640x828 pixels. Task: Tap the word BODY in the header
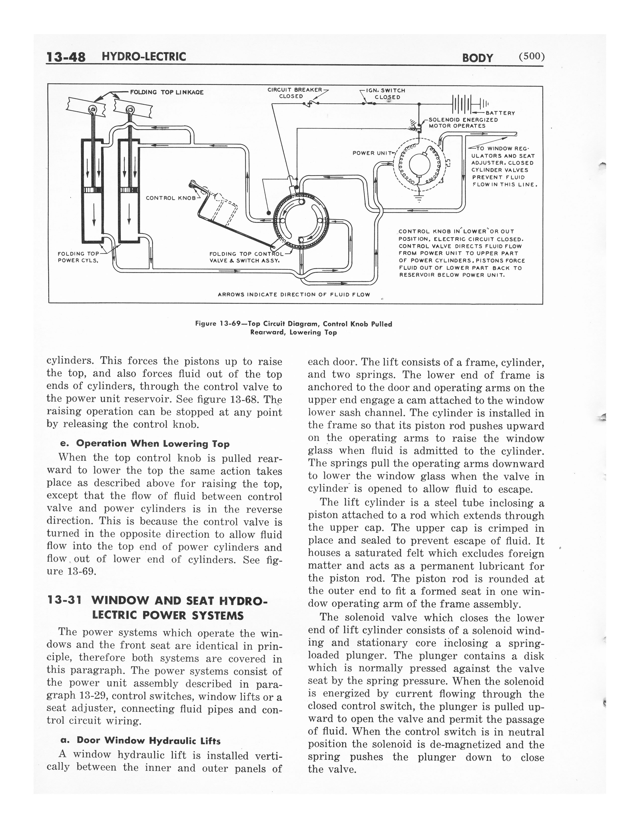coord(477,58)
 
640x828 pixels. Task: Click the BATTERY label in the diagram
coord(500,113)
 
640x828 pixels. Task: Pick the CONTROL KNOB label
coord(171,198)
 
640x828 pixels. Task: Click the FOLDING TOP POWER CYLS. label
coord(78,257)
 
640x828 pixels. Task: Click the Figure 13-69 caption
coord(293,328)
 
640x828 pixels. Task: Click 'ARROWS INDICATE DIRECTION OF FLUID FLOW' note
coord(294,295)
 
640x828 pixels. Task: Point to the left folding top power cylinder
coord(92,191)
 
